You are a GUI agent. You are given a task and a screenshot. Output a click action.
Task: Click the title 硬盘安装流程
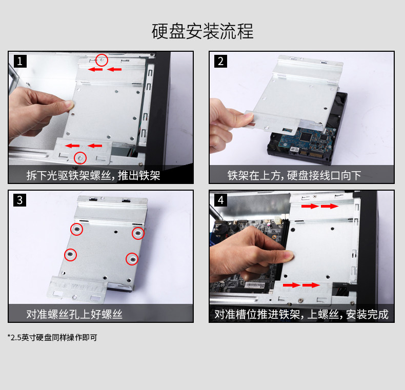pyautogui.click(x=202, y=31)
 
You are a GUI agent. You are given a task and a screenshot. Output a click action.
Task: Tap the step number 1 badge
pyautogui.click(x=20, y=61)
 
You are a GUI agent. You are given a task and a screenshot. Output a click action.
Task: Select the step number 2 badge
pyautogui.click(x=220, y=61)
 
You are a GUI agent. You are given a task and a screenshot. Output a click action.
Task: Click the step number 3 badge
pyautogui.click(x=19, y=200)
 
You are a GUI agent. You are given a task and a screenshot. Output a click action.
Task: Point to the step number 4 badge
pyautogui.click(x=220, y=200)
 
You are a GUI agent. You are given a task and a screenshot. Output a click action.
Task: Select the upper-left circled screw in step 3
pyautogui.click(x=77, y=229)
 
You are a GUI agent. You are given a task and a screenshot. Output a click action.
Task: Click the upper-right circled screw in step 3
pyautogui.click(x=138, y=234)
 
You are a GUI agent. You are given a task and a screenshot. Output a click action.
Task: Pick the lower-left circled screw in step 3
pyautogui.click(x=71, y=255)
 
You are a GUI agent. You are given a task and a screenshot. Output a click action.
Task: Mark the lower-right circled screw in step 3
pyautogui.click(x=132, y=259)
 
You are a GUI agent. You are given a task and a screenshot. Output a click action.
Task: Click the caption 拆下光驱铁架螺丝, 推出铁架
pyautogui.click(x=93, y=176)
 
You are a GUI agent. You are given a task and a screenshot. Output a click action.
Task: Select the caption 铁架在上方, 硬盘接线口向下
pyautogui.click(x=294, y=176)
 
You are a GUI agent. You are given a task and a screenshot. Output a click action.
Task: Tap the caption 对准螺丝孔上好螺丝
pyautogui.click(x=74, y=314)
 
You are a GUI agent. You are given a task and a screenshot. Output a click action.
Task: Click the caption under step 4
pyautogui.click(x=301, y=314)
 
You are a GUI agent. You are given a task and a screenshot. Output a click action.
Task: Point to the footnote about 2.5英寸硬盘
pyautogui.click(x=52, y=338)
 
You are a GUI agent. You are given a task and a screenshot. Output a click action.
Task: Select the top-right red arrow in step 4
pyautogui.click(x=330, y=206)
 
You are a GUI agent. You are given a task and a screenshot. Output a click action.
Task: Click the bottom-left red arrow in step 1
pyautogui.click(x=72, y=146)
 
